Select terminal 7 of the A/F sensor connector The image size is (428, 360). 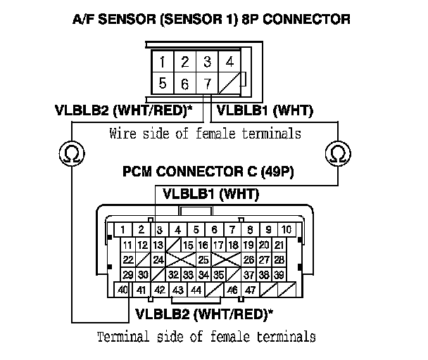207,84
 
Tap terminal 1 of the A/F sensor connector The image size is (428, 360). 162,61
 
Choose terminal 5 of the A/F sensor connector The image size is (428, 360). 162,84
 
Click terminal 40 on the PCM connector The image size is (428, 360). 123,289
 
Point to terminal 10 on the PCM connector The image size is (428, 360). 287,229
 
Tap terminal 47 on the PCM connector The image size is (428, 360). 249,289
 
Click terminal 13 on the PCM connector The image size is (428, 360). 158,245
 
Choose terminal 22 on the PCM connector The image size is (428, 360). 127,259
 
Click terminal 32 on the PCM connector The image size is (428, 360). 173,274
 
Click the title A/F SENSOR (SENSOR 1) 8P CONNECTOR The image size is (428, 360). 212,19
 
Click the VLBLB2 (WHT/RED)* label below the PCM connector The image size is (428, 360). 205,313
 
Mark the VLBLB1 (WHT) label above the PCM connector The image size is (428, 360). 211,193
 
